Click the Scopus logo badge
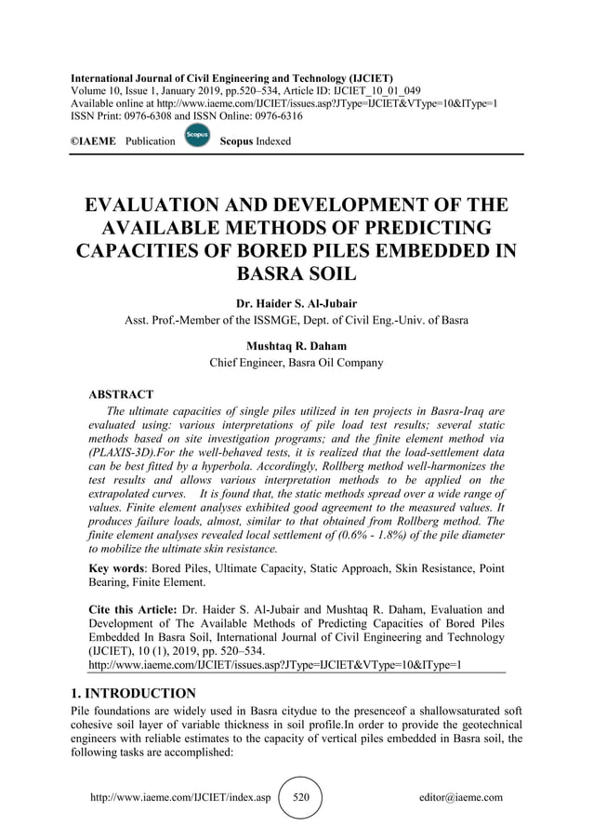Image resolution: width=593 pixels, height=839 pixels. (x=197, y=136)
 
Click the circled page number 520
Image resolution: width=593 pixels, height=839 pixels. (x=300, y=797)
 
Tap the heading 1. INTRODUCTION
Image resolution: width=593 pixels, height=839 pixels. (x=133, y=693)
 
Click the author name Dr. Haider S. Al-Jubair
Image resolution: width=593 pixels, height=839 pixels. (x=296, y=302)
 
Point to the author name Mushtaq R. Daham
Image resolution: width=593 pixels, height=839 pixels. (x=296, y=346)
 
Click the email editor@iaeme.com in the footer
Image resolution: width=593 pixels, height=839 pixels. (x=461, y=797)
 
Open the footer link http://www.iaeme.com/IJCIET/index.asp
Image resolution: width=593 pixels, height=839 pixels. (x=179, y=797)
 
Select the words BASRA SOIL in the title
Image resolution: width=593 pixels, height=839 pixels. (x=296, y=274)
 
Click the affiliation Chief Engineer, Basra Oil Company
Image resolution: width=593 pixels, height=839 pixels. (x=296, y=363)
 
